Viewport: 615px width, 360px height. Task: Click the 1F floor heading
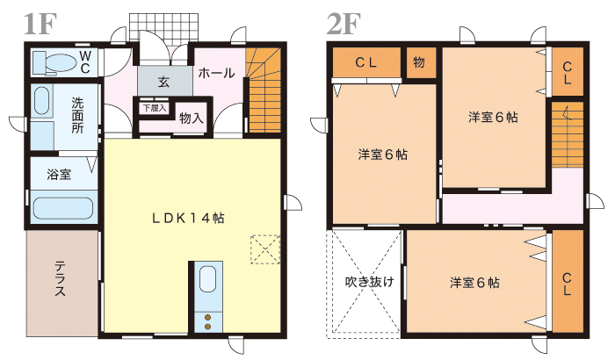click(40, 24)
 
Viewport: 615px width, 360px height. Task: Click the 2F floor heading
click(344, 24)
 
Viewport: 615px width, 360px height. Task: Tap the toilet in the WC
click(54, 62)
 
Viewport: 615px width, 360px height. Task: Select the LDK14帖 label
click(188, 218)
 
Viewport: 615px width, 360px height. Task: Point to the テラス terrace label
click(60, 278)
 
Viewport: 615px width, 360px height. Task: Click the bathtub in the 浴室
click(62, 208)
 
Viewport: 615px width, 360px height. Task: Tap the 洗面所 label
click(77, 116)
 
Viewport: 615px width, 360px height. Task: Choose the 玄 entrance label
click(163, 82)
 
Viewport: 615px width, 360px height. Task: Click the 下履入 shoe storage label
click(155, 108)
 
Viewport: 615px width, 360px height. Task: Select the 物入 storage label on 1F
click(192, 118)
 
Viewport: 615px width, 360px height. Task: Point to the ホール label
click(216, 73)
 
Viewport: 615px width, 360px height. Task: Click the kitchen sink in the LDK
click(207, 279)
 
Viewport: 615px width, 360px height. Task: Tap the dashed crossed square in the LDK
click(265, 249)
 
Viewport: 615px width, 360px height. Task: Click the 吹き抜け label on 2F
click(370, 282)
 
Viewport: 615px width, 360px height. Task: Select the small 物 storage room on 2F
click(421, 62)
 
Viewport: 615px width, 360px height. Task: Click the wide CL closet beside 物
click(366, 62)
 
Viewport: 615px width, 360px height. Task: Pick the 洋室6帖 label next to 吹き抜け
click(474, 283)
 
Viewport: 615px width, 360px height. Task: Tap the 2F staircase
click(568, 135)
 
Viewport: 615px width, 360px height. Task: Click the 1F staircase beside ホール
click(264, 91)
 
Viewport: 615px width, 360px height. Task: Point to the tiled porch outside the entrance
click(163, 26)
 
